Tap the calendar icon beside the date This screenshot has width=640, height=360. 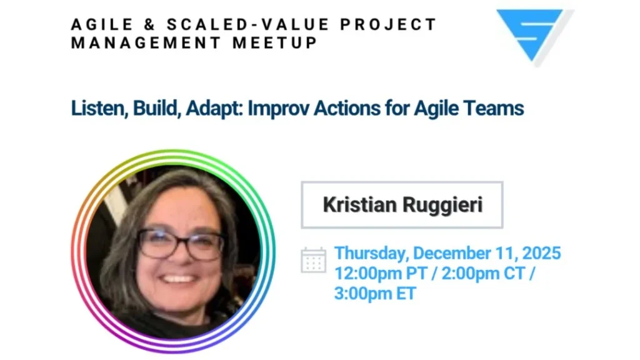pyautogui.click(x=314, y=259)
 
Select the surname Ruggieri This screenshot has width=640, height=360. pyautogui.click(x=442, y=205)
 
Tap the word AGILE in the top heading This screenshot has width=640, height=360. pyautogui.click(x=102, y=24)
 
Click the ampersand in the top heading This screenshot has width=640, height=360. pyautogui.click(x=150, y=24)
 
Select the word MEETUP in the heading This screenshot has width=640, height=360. pyautogui.click(x=275, y=43)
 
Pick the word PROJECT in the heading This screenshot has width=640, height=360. pyautogui.click(x=388, y=24)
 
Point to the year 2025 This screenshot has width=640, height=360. pyautogui.click(x=542, y=253)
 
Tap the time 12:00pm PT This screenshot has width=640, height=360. pyautogui.click(x=381, y=274)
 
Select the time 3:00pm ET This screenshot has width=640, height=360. pyautogui.click(x=375, y=294)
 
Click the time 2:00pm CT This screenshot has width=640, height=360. pyautogui.click(x=483, y=273)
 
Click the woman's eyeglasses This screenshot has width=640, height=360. pyautogui.click(x=181, y=244)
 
